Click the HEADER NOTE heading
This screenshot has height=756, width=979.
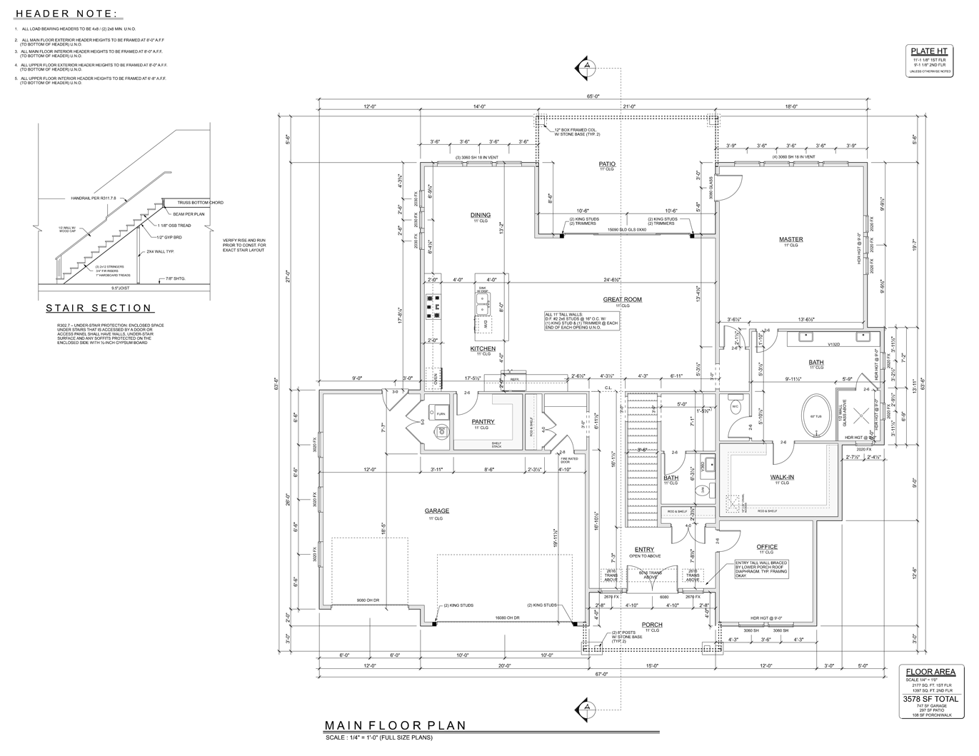pos(67,14)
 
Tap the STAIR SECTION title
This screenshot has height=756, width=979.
pos(99,308)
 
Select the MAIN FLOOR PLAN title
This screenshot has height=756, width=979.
pos(395,725)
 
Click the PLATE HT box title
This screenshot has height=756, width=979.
pos(928,51)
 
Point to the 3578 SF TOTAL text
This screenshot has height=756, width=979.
pos(930,699)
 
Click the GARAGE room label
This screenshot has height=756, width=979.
pos(437,510)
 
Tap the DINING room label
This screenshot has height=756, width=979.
pos(481,215)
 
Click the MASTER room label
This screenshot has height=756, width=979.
pos(790,239)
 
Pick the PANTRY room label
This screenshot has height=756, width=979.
pos(483,421)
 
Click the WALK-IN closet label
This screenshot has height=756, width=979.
pos(782,476)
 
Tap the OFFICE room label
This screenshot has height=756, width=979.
pos(767,547)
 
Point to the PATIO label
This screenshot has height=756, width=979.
pos(607,163)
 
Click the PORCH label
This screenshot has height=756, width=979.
pos(652,624)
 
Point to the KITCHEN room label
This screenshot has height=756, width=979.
pos(483,348)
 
